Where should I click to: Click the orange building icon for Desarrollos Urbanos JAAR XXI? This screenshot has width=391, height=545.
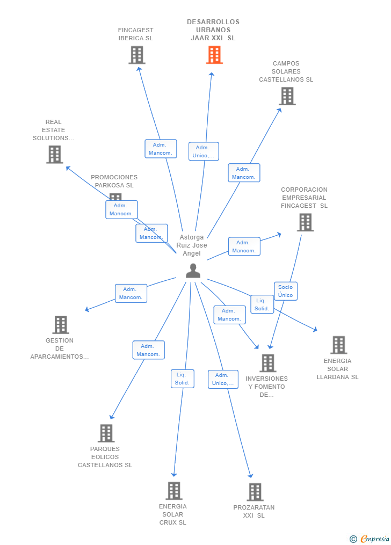pyautogui.click(x=214, y=55)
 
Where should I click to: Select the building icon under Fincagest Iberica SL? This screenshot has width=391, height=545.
pyautogui.click(x=137, y=55)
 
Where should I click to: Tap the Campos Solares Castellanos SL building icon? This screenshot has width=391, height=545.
pyautogui.click(x=287, y=96)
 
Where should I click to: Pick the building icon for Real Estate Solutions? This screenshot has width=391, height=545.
pyautogui.click(x=54, y=154)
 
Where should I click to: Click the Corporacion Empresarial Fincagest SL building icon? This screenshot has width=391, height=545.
pyautogui.click(x=305, y=222)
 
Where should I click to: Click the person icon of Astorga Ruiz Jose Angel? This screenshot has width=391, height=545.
pyautogui.click(x=193, y=271)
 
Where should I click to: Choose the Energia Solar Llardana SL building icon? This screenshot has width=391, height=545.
pyautogui.click(x=338, y=345)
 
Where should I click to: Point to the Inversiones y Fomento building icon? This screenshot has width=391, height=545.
pyautogui.click(x=267, y=363)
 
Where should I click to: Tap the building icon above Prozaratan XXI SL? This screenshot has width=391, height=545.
pyautogui.click(x=255, y=491)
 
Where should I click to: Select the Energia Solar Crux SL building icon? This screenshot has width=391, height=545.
pyautogui.click(x=173, y=490)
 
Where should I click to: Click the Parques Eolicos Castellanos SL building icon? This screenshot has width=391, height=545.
pyautogui.click(x=106, y=433)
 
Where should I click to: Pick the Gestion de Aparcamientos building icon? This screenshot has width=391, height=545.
pyautogui.click(x=61, y=324)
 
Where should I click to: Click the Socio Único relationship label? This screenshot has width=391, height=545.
pyautogui.click(x=285, y=291)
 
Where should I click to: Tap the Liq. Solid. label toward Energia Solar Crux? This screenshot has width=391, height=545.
pyautogui.click(x=182, y=379)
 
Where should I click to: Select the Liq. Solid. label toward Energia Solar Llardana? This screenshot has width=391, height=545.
pyautogui.click(x=262, y=304)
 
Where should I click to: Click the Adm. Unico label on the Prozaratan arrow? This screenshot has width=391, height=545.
pyautogui.click(x=223, y=379)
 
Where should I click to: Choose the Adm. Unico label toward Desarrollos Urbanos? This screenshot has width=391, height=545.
pyautogui.click(x=204, y=151)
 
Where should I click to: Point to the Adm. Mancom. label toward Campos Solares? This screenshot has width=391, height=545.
pyautogui.click(x=244, y=173)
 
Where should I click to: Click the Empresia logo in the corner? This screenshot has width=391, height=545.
pyautogui.click(x=370, y=539)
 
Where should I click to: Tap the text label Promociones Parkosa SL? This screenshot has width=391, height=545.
pyautogui.click(x=114, y=181)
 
